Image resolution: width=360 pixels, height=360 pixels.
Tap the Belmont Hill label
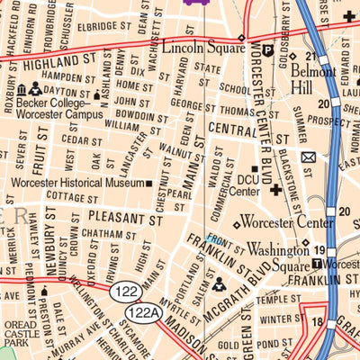pos(312,84)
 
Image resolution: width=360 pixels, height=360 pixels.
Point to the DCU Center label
pos(244,185)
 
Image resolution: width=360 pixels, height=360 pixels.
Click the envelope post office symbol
pos(309,157)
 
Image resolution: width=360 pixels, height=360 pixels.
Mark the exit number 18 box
pos(317,321)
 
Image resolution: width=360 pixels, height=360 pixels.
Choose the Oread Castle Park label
pos(19,334)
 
